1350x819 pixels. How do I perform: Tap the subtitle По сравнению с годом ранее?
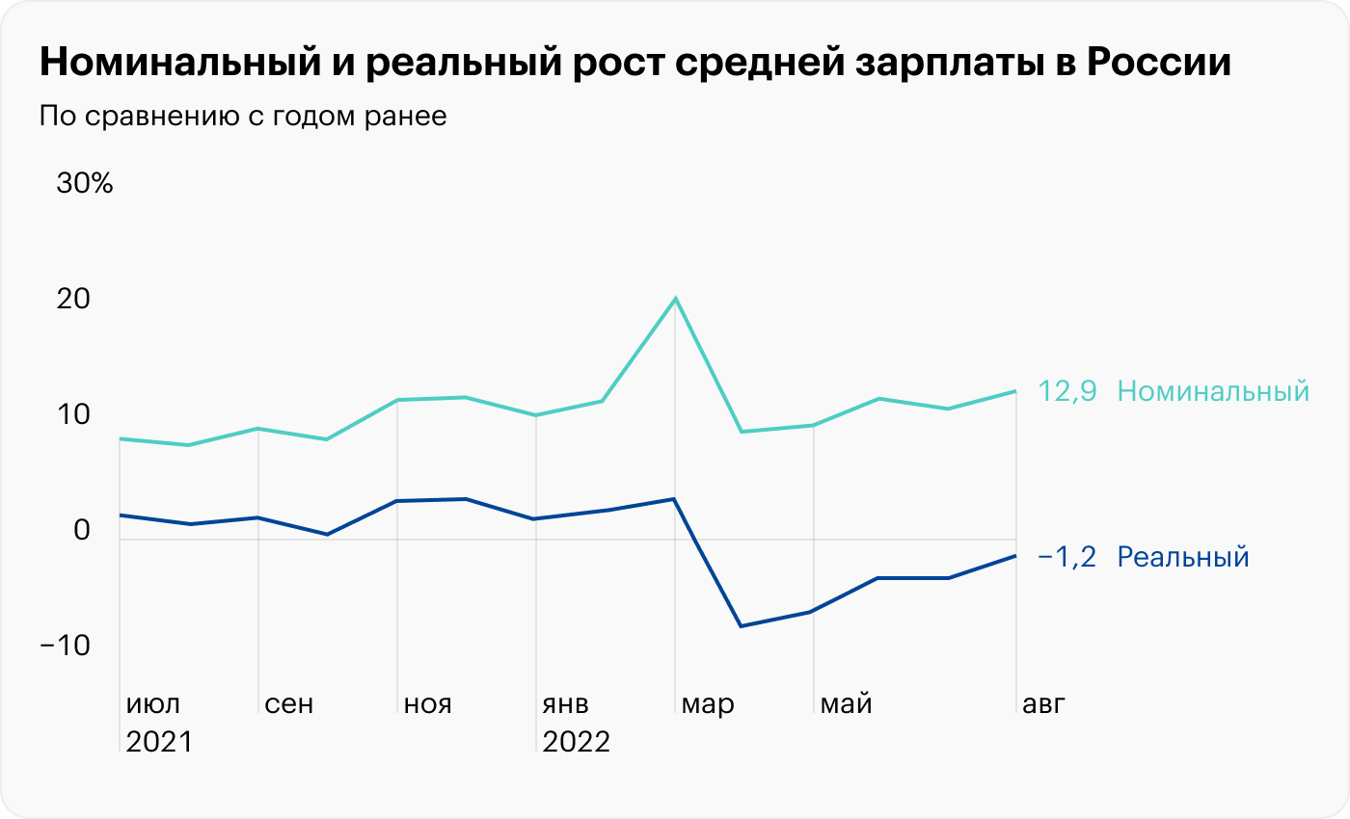[x=243, y=117]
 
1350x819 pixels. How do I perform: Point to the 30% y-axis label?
[x=85, y=183]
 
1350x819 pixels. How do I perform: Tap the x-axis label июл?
[x=153, y=704]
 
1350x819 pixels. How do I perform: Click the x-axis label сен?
[x=288, y=704]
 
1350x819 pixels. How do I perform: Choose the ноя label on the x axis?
[x=428, y=704]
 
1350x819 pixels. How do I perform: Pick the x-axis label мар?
[x=708, y=704]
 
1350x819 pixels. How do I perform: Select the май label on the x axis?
[x=847, y=704]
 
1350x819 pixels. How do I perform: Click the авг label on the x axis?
[x=1044, y=704]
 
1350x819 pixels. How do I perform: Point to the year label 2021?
[x=160, y=743]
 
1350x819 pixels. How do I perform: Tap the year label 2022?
[x=577, y=743]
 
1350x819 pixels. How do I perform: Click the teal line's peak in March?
[x=675, y=299]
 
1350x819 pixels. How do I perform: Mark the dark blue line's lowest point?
[x=741, y=626]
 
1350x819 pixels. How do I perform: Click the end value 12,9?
[x=1067, y=391]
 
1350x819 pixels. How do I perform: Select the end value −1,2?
[x=1067, y=557]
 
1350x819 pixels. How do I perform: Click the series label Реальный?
[x=1183, y=557]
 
